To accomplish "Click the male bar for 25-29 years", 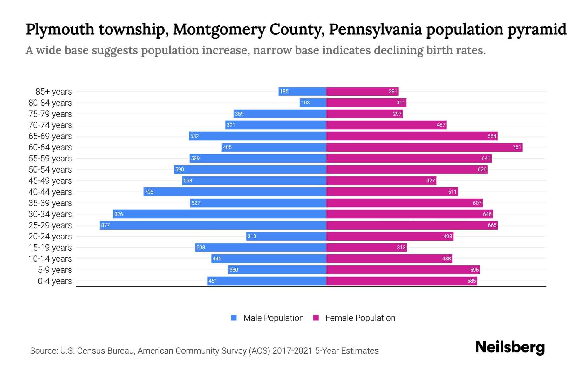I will pos(213,225).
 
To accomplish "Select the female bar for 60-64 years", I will pos(424,147).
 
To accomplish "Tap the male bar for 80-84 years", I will pos(313,103).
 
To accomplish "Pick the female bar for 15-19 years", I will pos(366,248).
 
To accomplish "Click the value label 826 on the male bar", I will pos(119,214).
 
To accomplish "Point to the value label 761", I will pos(517,147).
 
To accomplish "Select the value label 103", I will pos(305,103).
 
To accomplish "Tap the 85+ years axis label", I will pos(54,92).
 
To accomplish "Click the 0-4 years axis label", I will pos(55,281).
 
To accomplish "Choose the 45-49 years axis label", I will pos(50,181).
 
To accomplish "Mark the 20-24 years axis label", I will pos(50,237).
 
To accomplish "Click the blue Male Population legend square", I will pos(234,318).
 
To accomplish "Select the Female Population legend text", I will pos(360,318).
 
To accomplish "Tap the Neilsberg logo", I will pos(510,347).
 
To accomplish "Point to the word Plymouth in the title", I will pos(60,29).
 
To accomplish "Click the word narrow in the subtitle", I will pos(272,50).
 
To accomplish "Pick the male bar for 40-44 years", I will pos(235,192).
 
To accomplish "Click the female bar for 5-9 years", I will pos(403,270).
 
